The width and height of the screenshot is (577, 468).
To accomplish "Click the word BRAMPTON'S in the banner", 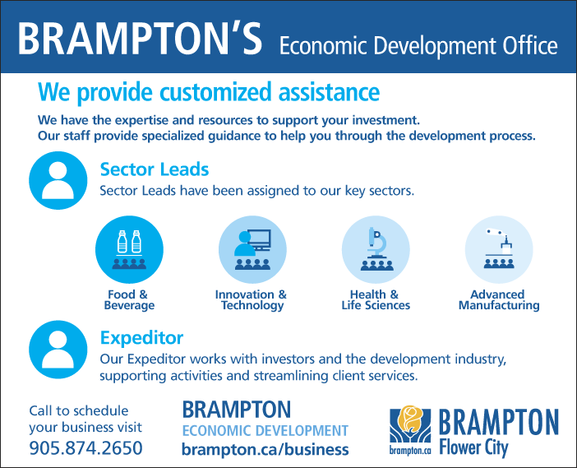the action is click(140, 39).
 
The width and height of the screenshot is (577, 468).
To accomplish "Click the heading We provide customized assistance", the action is click(209, 92).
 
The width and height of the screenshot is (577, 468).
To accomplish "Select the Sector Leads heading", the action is click(155, 169).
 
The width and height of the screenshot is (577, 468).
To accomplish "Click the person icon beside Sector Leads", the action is click(58, 180).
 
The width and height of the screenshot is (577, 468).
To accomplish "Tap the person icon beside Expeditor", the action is click(58, 350).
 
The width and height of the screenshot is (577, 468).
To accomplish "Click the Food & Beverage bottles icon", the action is click(129, 250).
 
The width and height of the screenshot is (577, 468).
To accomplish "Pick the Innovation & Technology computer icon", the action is click(252, 250).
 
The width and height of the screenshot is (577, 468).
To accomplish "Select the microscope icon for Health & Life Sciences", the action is click(376, 250).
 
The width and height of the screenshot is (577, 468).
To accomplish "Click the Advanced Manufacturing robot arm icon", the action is click(499, 250).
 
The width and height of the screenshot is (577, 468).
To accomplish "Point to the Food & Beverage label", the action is click(129, 299).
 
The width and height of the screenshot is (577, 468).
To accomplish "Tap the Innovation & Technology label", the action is click(251, 300).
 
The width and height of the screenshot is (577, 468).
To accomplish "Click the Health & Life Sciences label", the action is click(376, 299).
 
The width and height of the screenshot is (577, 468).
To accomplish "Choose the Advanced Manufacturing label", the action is click(499, 300).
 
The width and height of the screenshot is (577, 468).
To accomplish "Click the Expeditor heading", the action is click(141, 338).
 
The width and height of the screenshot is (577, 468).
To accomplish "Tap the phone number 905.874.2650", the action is click(85, 448).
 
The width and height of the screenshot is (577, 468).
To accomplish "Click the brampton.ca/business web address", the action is click(265, 450).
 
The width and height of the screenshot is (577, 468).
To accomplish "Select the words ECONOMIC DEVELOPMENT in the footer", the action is click(265, 430).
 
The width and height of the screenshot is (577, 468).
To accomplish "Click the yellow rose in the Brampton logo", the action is click(410, 419).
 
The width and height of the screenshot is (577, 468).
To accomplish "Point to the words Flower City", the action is click(474, 448).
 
